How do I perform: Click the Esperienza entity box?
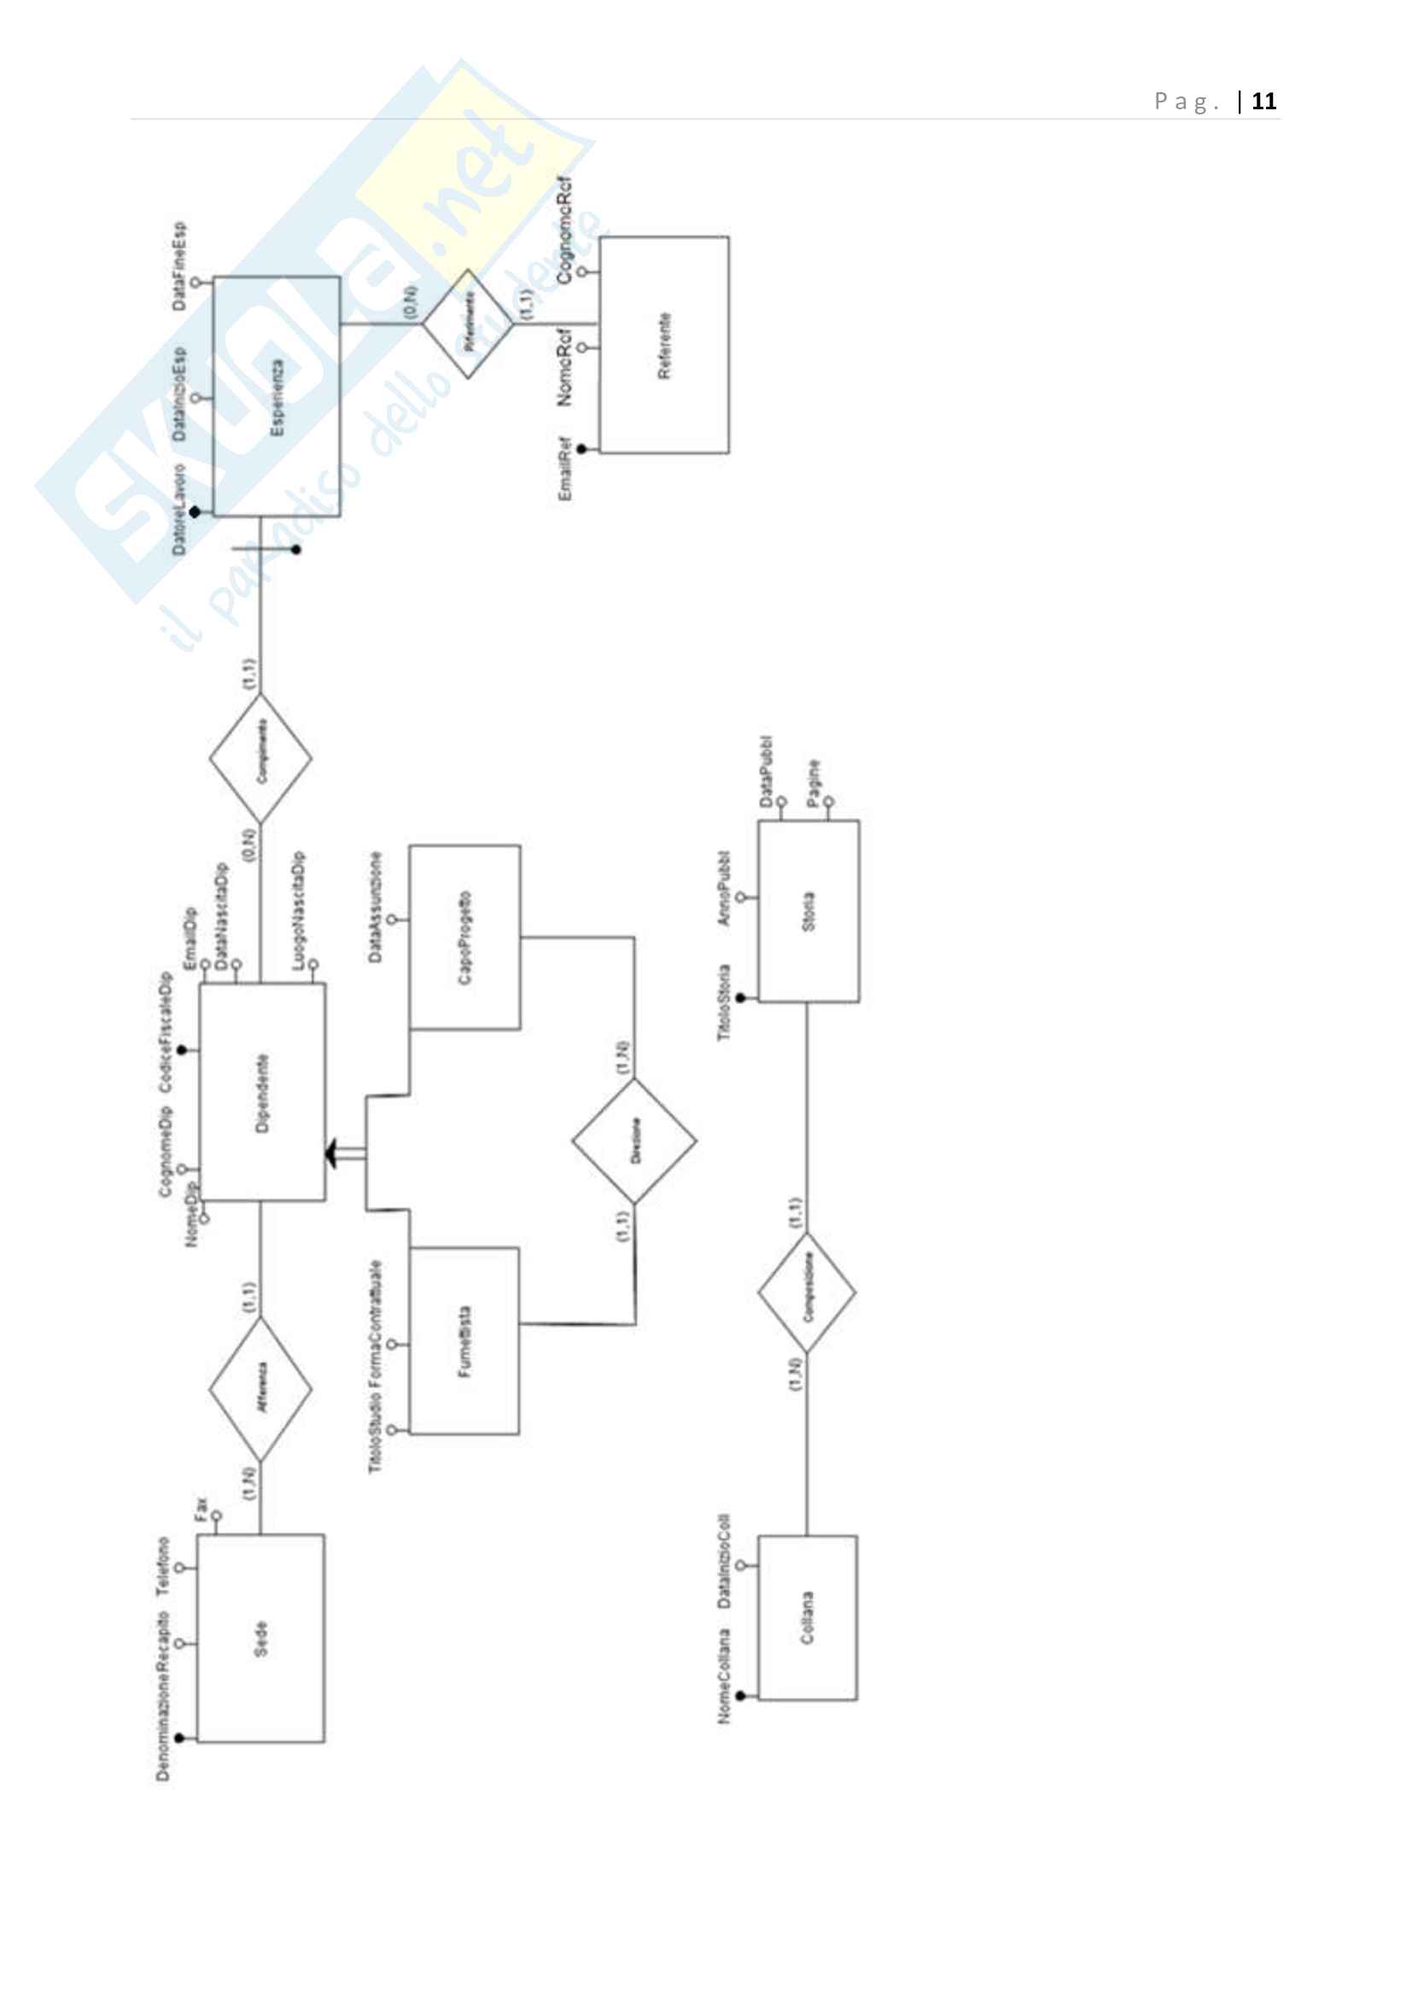277,397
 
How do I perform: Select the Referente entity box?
664,344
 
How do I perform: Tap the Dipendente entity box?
263,1093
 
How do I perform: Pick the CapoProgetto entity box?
465,937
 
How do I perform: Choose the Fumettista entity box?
464,1340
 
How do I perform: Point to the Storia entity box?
808,911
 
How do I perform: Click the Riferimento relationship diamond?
468,324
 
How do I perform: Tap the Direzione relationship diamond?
633,1142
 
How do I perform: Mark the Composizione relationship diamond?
807,1293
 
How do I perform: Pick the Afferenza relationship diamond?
261,1388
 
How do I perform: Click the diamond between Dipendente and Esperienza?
261,757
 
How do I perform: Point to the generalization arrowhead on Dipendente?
332,1154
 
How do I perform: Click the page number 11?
1263,102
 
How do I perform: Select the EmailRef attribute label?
565,470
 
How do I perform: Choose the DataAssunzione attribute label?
375,908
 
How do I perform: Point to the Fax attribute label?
200,1508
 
